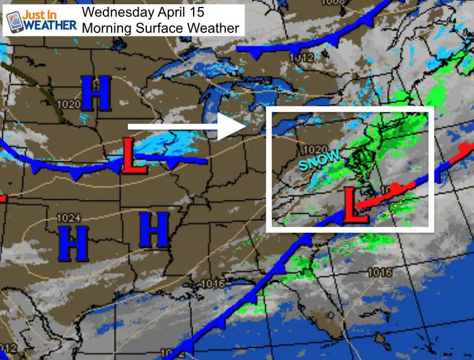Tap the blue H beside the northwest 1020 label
(x=95, y=94)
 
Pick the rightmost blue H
(x=154, y=230)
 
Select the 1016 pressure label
(x=214, y=284)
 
